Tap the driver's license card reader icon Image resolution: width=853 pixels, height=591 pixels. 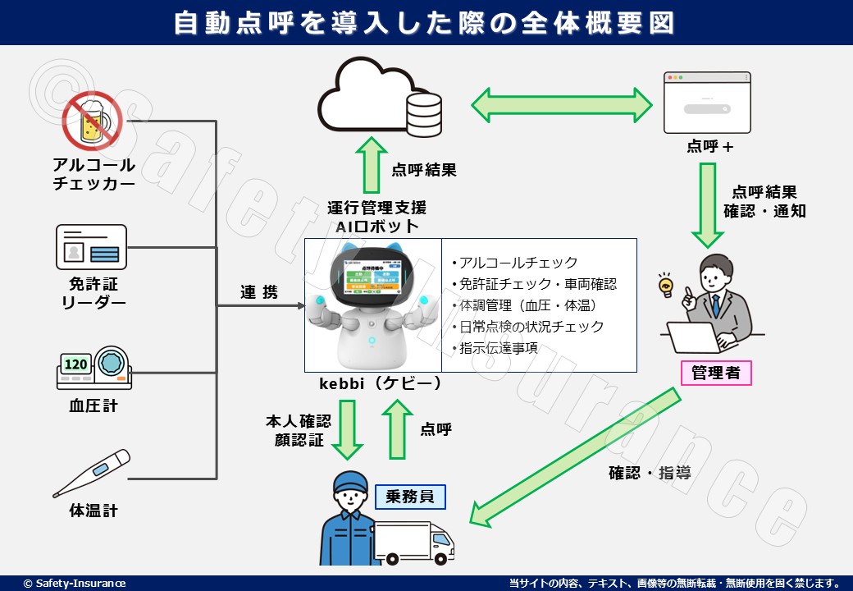click(x=91, y=246)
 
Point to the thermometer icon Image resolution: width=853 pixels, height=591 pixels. click(x=91, y=474)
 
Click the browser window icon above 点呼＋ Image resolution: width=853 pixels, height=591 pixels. click(x=706, y=103)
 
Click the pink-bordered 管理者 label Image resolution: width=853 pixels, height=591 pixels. click(x=715, y=373)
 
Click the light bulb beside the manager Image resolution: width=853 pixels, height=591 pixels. click(x=666, y=286)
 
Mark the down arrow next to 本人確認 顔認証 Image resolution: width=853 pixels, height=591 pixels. click(x=347, y=430)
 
